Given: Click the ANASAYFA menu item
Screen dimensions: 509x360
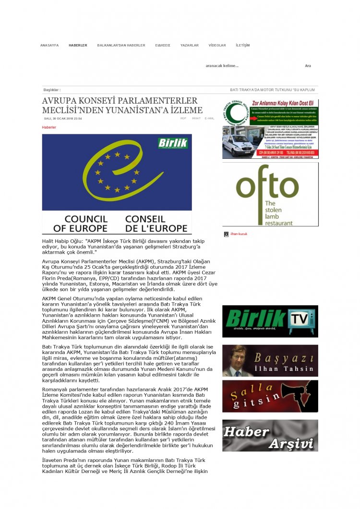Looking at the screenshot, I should (x=49, y=45).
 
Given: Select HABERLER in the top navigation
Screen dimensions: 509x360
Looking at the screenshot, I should (x=78, y=45).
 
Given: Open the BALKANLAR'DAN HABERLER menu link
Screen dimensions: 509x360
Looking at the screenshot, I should (x=121, y=45).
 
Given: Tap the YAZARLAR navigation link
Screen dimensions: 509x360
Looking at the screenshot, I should (x=189, y=45).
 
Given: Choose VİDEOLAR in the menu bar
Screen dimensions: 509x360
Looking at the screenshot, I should (x=217, y=45).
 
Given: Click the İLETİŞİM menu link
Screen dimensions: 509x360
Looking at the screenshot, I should (x=242, y=45).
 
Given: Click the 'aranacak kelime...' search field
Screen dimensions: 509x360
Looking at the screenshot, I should (x=240, y=66).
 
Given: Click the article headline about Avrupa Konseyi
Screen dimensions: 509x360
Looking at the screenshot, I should (x=122, y=105).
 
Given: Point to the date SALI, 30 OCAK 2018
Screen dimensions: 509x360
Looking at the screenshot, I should (x=62, y=118).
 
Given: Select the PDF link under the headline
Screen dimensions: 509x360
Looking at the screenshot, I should (x=183, y=118).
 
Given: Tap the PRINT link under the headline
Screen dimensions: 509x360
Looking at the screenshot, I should (x=196, y=118).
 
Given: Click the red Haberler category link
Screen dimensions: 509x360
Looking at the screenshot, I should (x=49, y=127).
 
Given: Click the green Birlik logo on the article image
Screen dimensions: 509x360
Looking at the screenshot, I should (x=173, y=143).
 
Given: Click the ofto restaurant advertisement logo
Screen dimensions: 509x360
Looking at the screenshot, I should (x=270, y=194).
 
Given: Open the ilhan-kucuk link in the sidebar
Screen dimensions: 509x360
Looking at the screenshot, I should (x=239, y=234).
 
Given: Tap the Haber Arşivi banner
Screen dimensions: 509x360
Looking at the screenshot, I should (x=270, y=435).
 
